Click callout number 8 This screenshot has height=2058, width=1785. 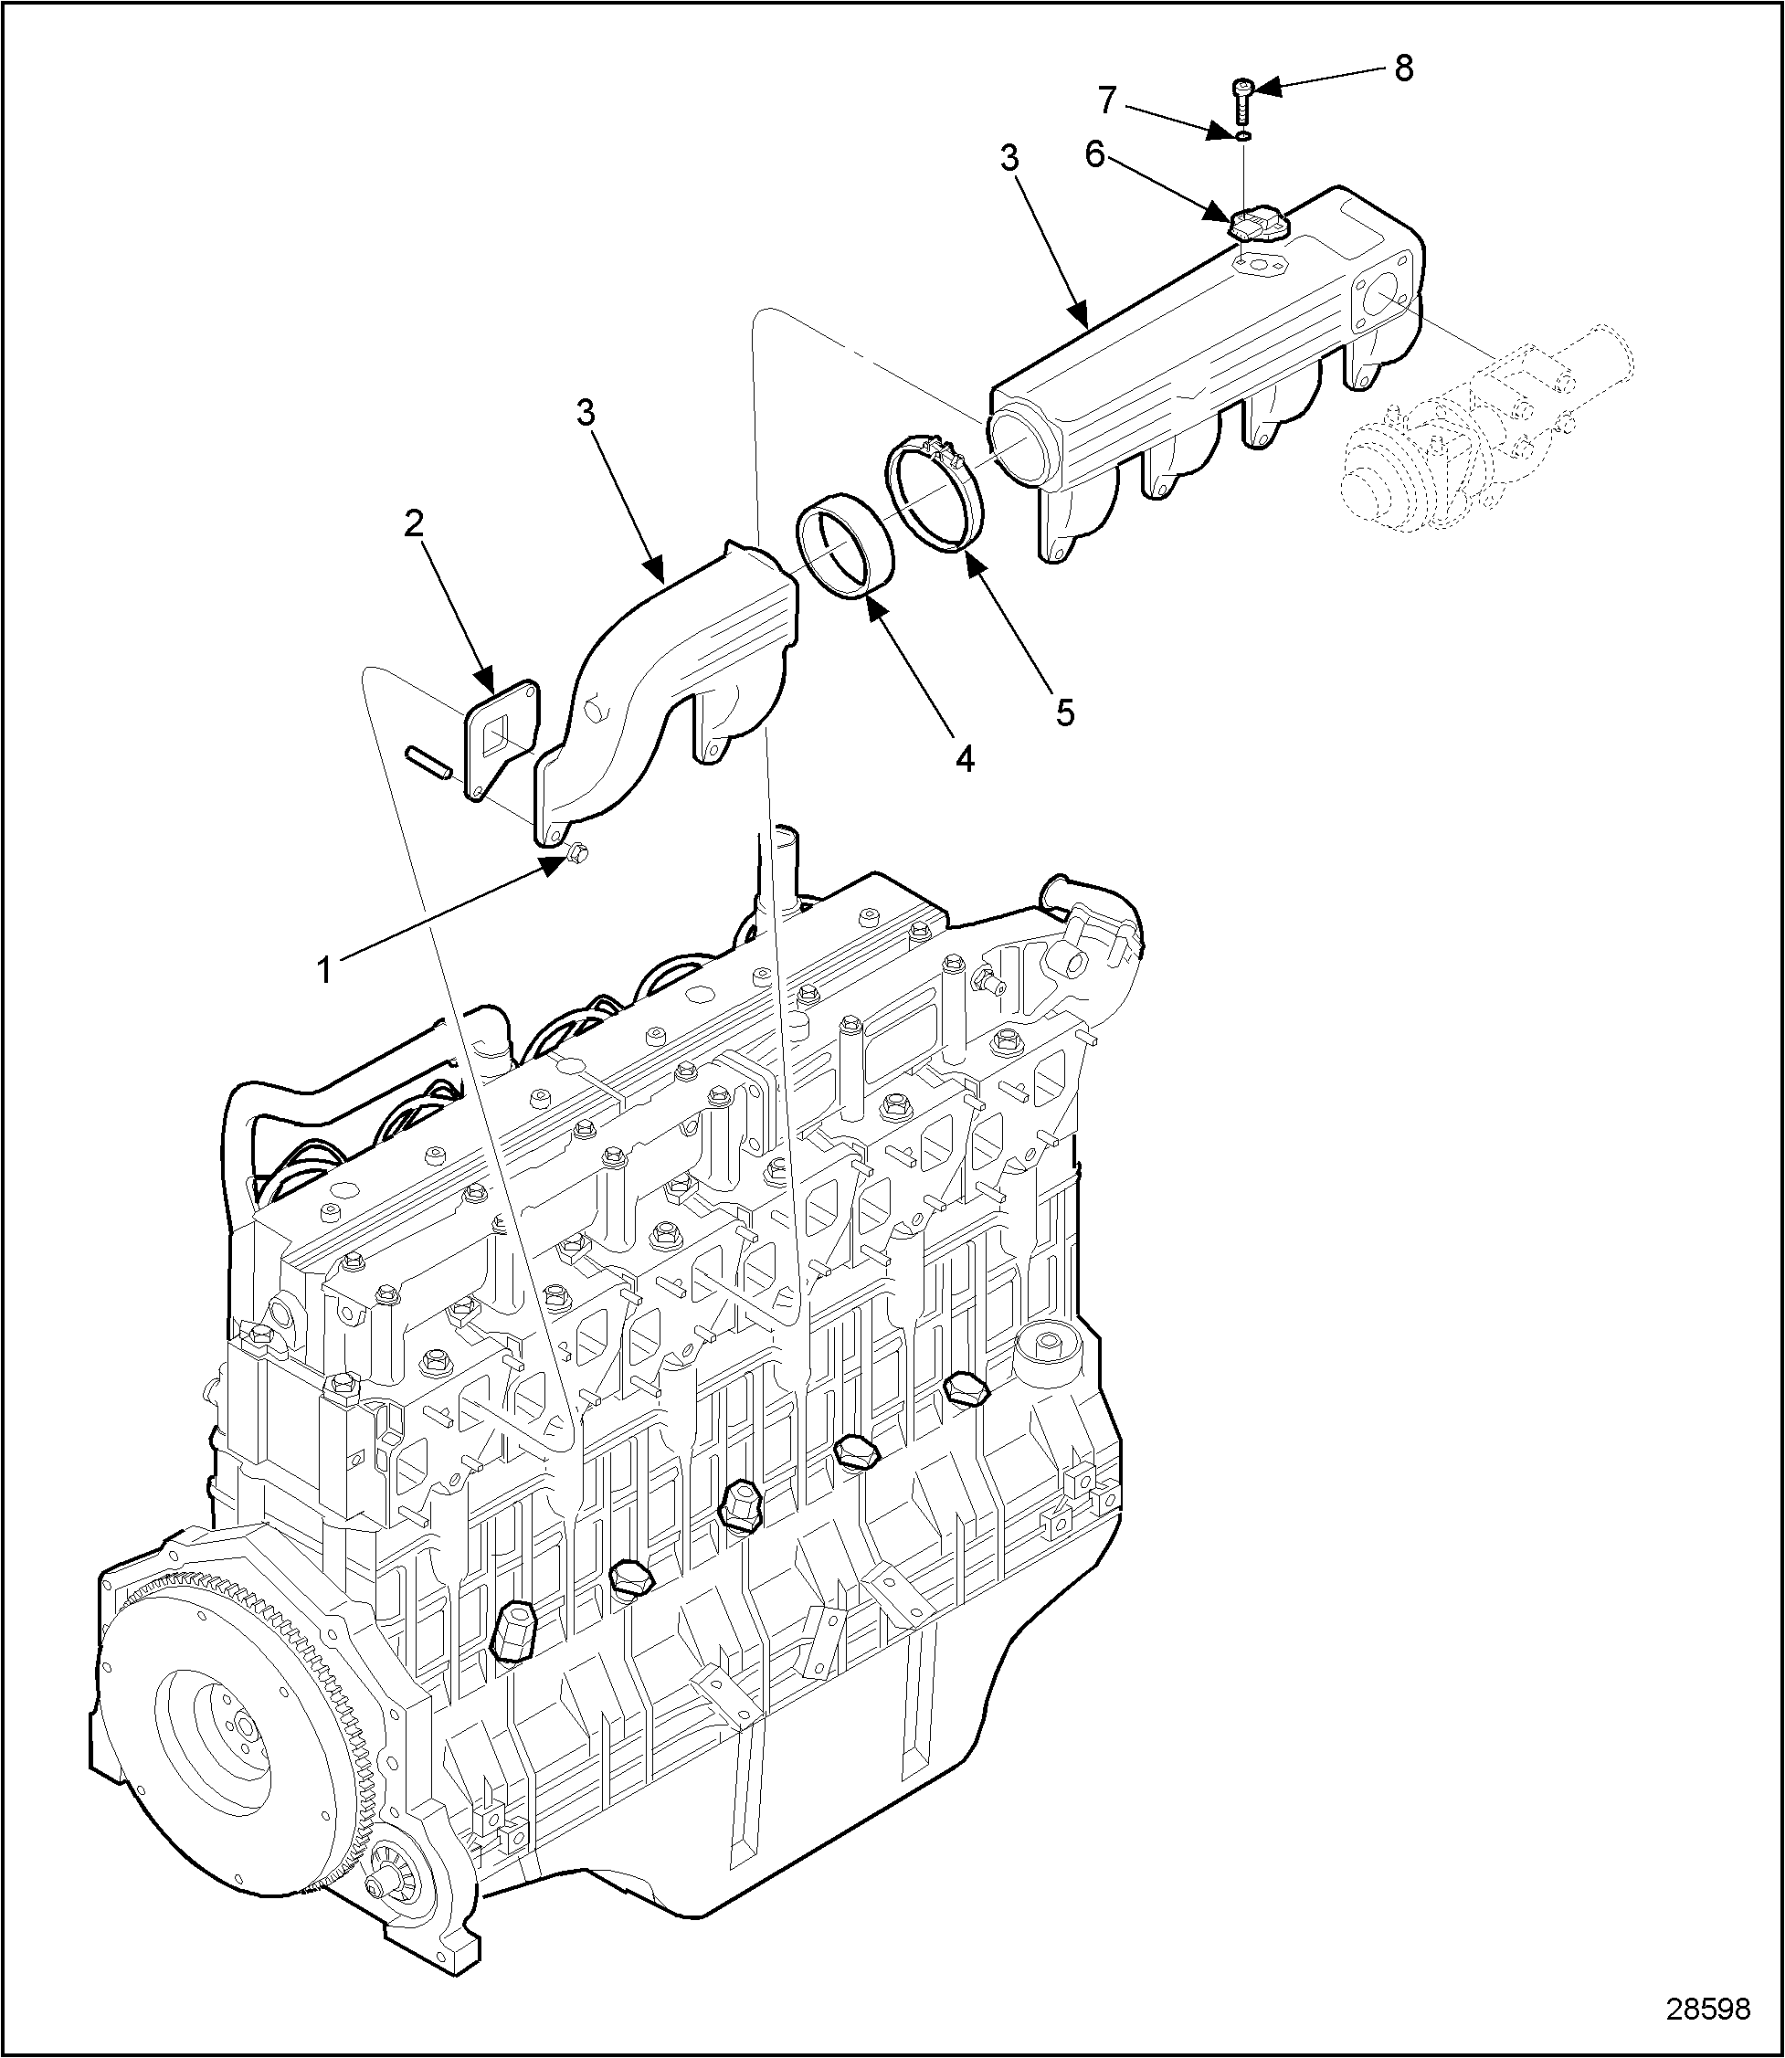point(1402,69)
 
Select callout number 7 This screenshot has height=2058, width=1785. point(1108,100)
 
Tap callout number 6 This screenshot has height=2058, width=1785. point(1094,155)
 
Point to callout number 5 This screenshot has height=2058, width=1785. point(1065,712)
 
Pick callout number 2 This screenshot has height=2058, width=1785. point(414,524)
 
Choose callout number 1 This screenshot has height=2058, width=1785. point(323,968)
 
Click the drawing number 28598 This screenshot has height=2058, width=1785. point(1708,2008)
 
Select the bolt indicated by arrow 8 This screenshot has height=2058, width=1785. point(1241,100)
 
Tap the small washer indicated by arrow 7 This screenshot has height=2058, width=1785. point(1244,134)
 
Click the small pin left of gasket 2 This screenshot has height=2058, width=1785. point(429,764)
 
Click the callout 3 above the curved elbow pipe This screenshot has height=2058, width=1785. point(586,412)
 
